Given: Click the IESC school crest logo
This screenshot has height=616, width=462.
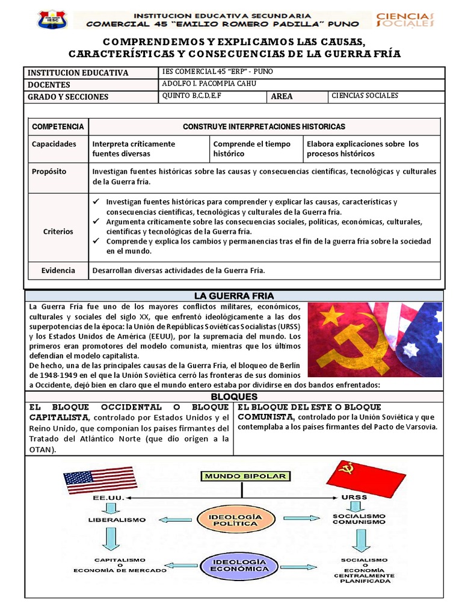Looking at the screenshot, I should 52,19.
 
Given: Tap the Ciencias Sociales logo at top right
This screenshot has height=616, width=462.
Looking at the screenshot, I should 404,19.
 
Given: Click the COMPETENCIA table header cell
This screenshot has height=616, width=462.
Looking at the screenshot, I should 58,126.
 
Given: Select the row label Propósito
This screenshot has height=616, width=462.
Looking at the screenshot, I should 49,171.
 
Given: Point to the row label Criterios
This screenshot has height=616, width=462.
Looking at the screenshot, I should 58,231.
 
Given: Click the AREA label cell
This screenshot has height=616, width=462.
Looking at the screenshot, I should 282,96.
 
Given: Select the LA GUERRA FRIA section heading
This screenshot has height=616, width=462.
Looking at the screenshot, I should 234,296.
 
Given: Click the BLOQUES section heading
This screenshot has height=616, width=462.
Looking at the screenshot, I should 234,397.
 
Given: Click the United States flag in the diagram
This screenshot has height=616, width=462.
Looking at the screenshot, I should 100,480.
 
